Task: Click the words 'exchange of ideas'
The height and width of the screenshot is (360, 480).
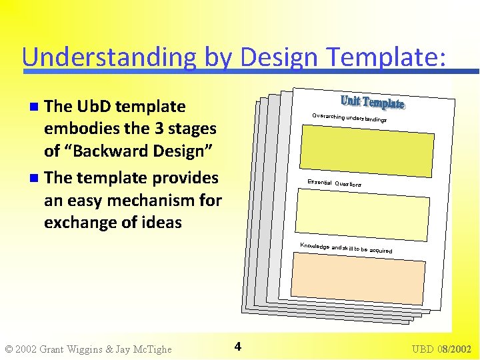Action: tap(113, 222)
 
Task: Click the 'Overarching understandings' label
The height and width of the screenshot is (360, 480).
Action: tap(349, 118)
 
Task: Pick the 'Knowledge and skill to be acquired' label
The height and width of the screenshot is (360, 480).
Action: tap(345, 248)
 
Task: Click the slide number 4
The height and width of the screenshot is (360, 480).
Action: tap(238, 346)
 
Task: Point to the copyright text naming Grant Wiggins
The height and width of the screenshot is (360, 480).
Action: tap(88, 349)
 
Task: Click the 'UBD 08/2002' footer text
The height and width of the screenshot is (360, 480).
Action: tap(441, 349)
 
